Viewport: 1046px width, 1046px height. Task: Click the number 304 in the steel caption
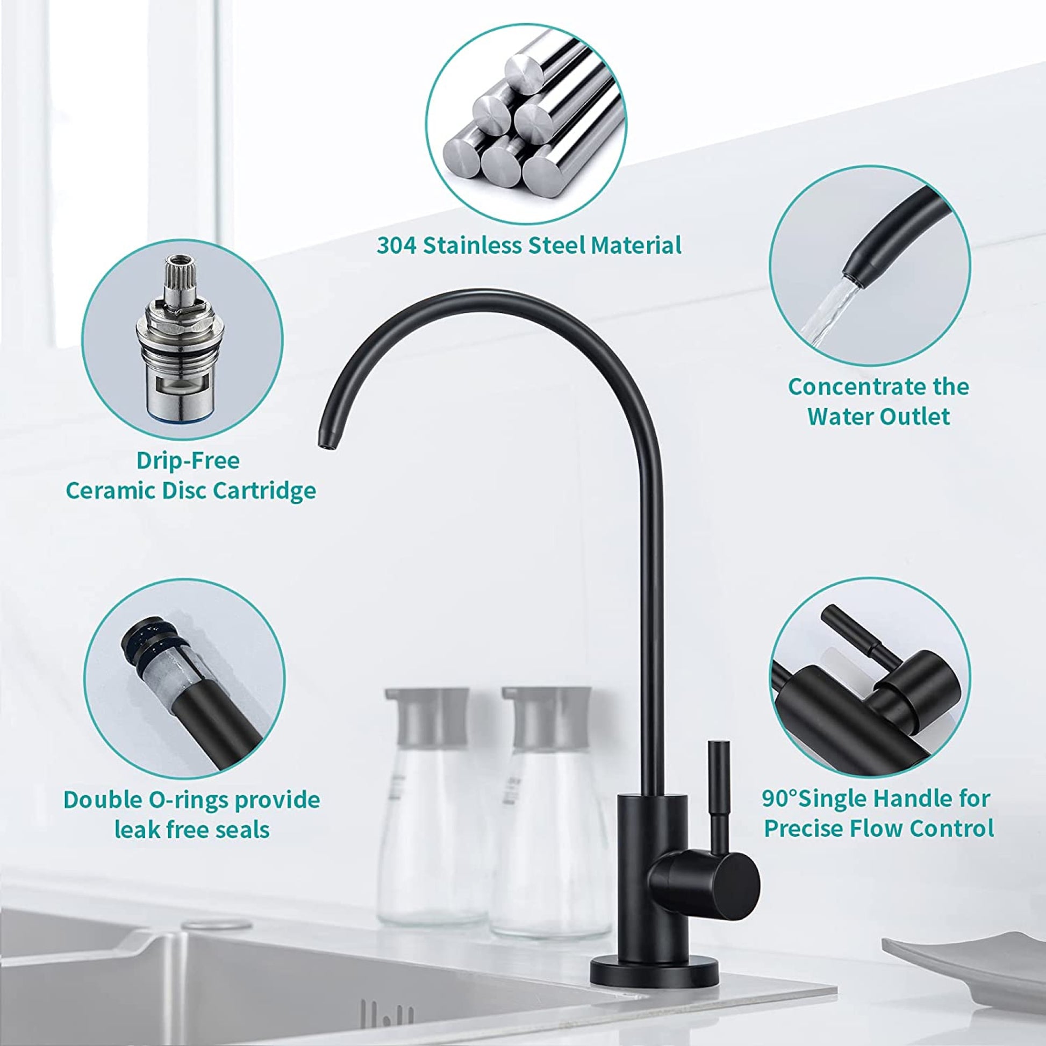click(x=397, y=245)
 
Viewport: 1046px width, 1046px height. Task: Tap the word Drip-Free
click(x=188, y=461)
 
